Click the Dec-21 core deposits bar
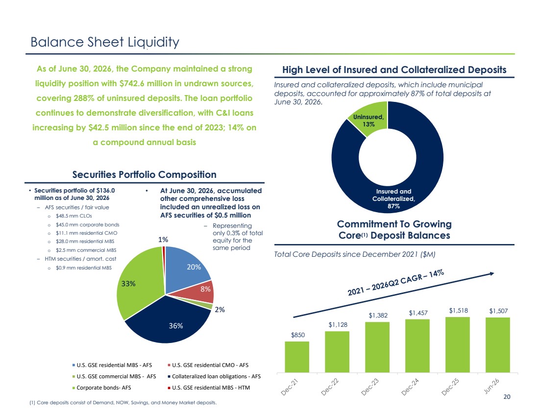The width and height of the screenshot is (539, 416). (297, 357)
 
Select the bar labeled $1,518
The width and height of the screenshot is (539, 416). (458, 344)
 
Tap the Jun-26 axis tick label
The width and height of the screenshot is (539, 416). (491, 386)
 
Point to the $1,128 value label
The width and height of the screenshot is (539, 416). (338, 324)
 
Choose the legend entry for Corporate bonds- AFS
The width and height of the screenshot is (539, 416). (101, 388)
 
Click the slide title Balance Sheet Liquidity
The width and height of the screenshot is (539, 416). (105, 42)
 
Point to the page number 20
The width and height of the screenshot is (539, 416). (507, 397)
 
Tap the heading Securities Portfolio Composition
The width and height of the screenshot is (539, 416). (145, 174)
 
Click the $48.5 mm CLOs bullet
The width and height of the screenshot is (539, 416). (73, 216)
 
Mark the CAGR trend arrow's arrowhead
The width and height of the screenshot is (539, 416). (492, 273)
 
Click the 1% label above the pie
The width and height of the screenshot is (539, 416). (163, 240)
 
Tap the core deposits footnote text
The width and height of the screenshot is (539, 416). (123, 403)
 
